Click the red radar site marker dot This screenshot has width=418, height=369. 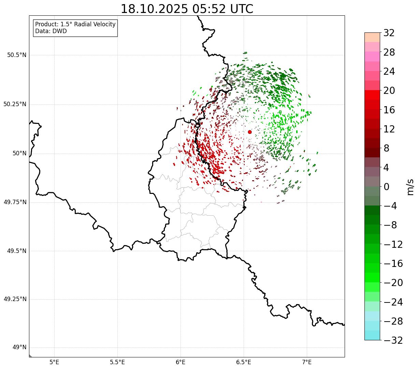click(x=250, y=132)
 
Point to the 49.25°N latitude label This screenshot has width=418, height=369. click(x=15, y=299)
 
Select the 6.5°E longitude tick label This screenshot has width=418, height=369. click(x=244, y=362)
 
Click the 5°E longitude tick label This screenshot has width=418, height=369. click(x=54, y=362)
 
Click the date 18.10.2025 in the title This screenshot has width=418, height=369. click(x=154, y=9)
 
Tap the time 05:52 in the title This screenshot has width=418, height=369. click(x=209, y=9)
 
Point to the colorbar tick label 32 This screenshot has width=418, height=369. click(x=389, y=33)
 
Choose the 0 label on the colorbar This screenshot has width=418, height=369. click(x=387, y=187)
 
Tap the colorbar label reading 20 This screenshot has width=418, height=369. click(x=389, y=91)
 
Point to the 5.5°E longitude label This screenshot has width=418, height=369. click(x=117, y=362)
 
